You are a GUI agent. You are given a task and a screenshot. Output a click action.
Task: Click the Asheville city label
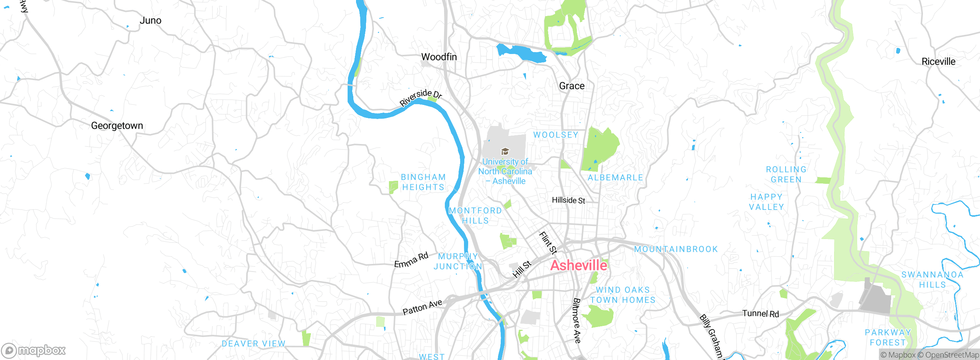pyautogui.click(x=578, y=265)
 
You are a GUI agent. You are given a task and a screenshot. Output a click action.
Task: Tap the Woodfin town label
pyautogui.click(x=439, y=57)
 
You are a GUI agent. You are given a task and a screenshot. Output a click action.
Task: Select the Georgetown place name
pyautogui.click(x=117, y=126)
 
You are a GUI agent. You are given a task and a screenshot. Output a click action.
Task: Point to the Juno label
pyautogui.click(x=150, y=21)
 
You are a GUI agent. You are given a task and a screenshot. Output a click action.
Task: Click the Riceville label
pyautogui.click(x=938, y=62)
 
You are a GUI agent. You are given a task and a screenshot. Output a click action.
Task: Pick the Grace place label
pyautogui.click(x=572, y=86)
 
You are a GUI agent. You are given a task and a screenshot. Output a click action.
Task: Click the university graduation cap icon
pyautogui.click(x=505, y=152)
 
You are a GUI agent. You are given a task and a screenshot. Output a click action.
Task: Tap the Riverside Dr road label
pyautogui.click(x=421, y=97)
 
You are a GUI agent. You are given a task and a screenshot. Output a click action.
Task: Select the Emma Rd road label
pyautogui.click(x=411, y=260)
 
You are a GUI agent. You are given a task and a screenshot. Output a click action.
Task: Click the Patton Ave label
pyautogui.click(x=422, y=307)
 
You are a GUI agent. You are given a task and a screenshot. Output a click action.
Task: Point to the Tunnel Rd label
pyautogui.click(x=760, y=314)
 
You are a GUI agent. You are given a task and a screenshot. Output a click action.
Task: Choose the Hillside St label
pyautogui.click(x=568, y=200)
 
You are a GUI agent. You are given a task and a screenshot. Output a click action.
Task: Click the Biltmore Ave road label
pyautogui.click(x=577, y=321)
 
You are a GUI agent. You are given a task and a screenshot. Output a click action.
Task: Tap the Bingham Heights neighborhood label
pyautogui.click(x=423, y=182)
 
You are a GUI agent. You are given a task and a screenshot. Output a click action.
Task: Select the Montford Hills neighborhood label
pyautogui.click(x=475, y=216)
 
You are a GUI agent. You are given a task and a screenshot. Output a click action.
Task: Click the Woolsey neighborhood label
pyautogui.click(x=555, y=135)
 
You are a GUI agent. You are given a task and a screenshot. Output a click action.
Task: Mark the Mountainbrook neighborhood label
pyautogui.click(x=676, y=249)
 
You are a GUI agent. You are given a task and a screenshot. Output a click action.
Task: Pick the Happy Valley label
pyautogui.click(x=766, y=202)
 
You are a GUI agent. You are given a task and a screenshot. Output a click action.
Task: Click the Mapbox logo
pyautogui.click(x=34, y=350)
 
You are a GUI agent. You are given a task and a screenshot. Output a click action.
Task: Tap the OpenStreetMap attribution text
pyautogui.click(x=952, y=355)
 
